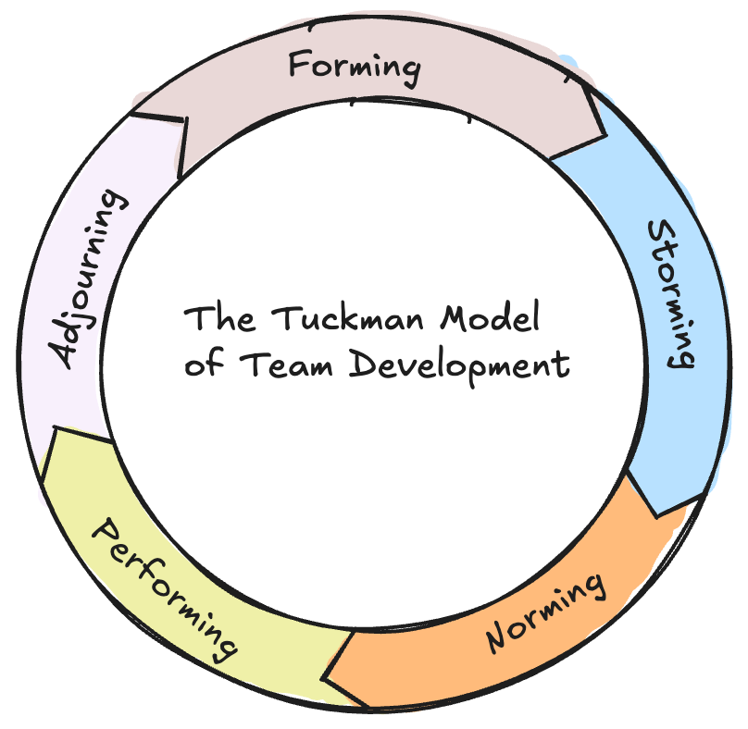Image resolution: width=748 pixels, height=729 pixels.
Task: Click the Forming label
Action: (355, 66)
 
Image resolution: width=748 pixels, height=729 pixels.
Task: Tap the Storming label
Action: (669, 292)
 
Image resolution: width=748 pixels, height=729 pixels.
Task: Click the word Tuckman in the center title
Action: (348, 319)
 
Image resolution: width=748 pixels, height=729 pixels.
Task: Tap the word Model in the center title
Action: (492, 319)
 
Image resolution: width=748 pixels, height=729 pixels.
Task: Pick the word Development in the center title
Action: (459, 365)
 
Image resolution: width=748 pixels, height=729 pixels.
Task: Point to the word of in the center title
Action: (198, 364)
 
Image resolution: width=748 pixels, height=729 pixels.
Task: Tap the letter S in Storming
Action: (660, 230)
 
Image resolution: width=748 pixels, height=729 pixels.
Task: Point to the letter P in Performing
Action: (104, 533)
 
